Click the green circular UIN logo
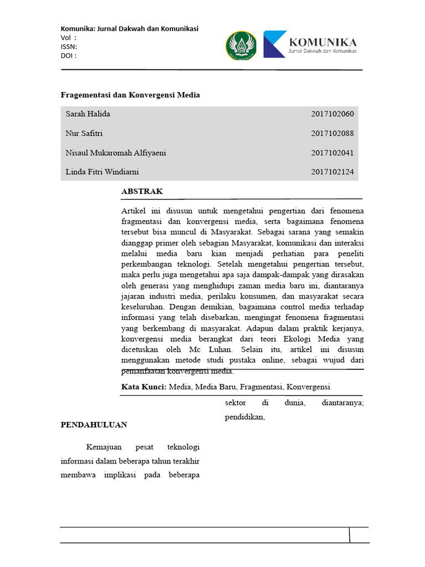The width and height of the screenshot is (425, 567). [x=241, y=45]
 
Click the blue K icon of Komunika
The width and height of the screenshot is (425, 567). [x=274, y=44]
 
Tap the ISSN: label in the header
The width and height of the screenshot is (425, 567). [x=69, y=47]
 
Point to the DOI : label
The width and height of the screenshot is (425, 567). [x=69, y=55]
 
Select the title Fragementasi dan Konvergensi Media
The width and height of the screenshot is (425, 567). [x=130, y=95]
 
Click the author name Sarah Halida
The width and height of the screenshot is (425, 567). [x=88, y=114]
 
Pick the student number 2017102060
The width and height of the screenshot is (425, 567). [x=332, y=114]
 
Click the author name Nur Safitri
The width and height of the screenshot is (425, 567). [x=84, y=133]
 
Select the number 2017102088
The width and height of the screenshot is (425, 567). [x=332, y=133]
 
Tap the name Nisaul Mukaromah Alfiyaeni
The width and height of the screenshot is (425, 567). [x=116, y=153]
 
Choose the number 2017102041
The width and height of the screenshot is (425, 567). [x=332, y=153]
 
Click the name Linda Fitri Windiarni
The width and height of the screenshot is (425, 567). [x=103, y=172]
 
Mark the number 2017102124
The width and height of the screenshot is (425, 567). [x=332, y=172]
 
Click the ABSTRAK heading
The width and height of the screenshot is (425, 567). [x=142, y=192]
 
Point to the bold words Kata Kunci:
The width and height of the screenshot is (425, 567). [x=144, y=386]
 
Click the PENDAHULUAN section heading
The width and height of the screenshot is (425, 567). [x=94, y=425]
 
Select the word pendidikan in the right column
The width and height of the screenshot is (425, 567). [x=245, y=417]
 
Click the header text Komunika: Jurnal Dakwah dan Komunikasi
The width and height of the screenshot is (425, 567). [x=129, y=29]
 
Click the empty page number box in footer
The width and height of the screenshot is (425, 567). [x=359, y=535]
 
